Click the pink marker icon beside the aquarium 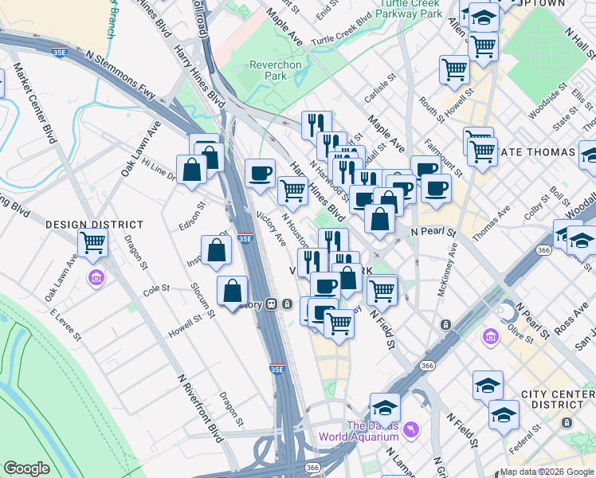click(x=410, y=429)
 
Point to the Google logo click(x=26, y=468)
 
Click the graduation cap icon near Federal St click(x=504, y=414)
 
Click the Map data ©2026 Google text click(x=547, y=471)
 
